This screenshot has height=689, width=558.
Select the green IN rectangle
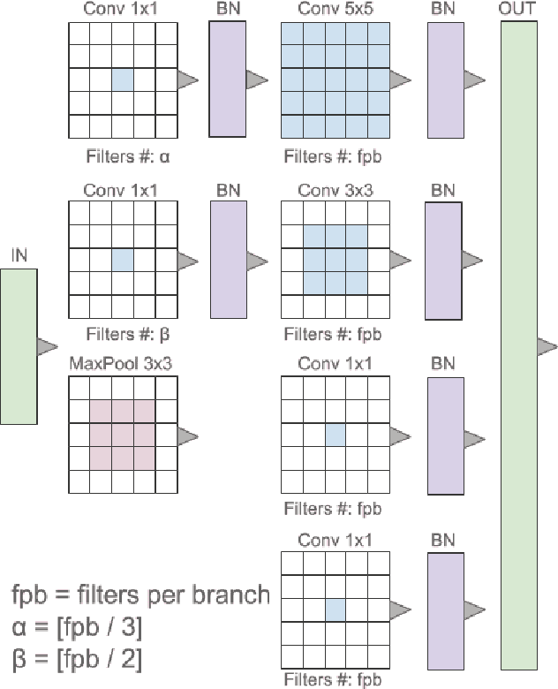pos(19,346)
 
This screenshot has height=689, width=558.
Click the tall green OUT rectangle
pos(518,344)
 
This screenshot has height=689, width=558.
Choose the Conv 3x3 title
pos(336,191)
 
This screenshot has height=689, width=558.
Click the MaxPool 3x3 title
pos(114,364)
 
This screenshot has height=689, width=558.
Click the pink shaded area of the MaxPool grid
pos(122,435)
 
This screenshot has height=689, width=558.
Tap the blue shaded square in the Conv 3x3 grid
pos(336,259)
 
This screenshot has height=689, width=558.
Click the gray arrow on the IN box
pos(47,347)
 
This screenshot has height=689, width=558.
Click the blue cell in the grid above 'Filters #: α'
pos(122,79)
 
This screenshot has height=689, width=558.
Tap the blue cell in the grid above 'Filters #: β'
pos(122,259)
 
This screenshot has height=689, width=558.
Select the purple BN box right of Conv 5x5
pos(446,79)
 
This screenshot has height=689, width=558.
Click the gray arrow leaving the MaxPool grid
pos(186,435)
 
